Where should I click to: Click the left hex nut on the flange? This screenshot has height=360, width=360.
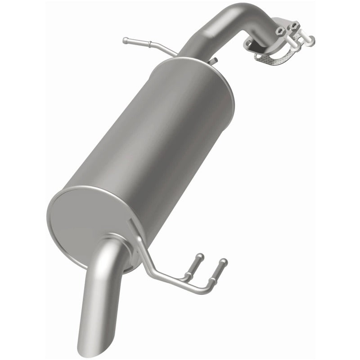(280, 30)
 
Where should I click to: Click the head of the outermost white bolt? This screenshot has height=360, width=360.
(310, 41)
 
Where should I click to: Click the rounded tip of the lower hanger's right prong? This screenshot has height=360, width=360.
(224, 261)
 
